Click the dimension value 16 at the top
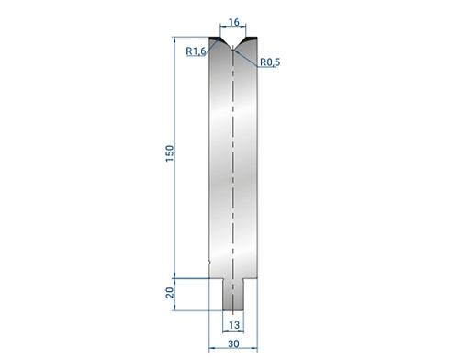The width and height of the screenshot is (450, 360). pyautogui.click(x=233, y=22)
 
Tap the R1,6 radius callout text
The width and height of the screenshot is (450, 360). pyautogui.click(x=196, y=51)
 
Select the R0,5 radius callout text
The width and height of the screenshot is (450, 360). pyautogui.click(x=270, y=62)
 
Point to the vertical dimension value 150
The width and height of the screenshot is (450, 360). pyautogui.click(x=170, y=153)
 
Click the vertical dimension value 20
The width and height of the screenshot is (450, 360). pyautogui.click(x=170, y=293)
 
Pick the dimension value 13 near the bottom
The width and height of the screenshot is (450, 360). pyautogui.click(x=234, y=325)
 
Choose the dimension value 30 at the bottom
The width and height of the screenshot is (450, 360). pyautogui.click(x=233, y=343)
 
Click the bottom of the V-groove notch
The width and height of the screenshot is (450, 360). pyautogui.click(x=233, y=47)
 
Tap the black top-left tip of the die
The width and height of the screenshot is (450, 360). pyautogui.click(x=214, y=38)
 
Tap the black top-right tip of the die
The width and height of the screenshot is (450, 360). pyautogui.click(x=252, y=38)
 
